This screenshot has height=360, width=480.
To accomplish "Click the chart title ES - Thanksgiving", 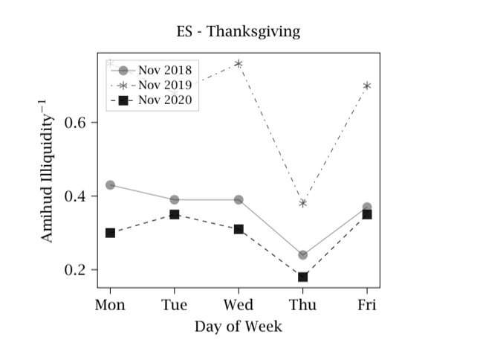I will coord(239,31).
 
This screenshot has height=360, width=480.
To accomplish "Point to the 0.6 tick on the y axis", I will coord(78,122).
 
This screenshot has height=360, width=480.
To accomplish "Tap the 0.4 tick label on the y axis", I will coord(78,196).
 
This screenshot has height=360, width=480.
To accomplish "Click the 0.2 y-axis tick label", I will coord(78,270).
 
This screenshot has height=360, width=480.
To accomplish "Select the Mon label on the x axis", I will coord(110,305).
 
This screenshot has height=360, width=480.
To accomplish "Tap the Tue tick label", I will coord(175,305).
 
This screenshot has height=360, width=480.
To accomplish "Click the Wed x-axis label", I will coord(239,305).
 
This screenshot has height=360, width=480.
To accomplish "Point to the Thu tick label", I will coord(302,305).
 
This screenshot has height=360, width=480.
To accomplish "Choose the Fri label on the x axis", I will coord(366,305).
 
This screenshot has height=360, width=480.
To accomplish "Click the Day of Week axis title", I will coord(239,327).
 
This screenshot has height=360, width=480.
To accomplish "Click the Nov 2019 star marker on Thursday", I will coord(302,203).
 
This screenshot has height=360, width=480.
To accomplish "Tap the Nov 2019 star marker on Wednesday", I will coord(239,64).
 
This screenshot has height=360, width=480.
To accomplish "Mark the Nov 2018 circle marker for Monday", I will coord(110,184).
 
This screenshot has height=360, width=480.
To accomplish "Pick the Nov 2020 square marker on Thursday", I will coord(302,277).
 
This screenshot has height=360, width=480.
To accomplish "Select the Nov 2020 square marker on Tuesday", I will coord(175,214).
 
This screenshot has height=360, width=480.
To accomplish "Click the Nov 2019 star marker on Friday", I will coord(366,86).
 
